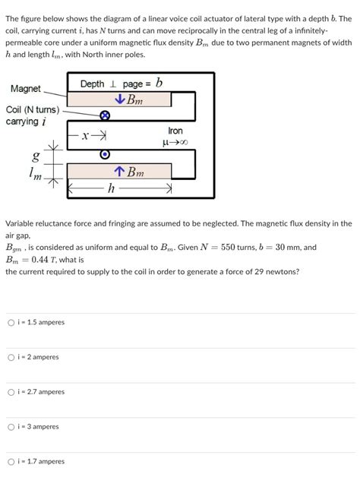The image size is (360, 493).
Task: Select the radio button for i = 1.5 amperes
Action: pos(11,322)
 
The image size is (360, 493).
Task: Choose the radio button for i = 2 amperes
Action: pos(11,357)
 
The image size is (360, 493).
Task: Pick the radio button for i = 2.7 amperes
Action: pos(11,392)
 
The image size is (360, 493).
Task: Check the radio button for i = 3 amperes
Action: pos(11,427)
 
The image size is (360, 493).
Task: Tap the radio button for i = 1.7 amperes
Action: pos(11,462)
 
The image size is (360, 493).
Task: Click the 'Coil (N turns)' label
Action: pos(33,111)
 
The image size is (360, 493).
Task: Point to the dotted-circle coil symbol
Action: pos(106,155)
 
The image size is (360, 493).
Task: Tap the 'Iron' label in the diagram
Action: pos(175,131)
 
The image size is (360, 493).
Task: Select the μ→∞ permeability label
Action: pos(175,142)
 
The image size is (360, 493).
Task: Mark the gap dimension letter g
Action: pos(35,157)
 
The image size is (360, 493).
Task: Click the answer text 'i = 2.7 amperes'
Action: pos(41,392)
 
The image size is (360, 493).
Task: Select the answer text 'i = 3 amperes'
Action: pos(38,427)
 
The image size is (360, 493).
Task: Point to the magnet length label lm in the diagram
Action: pos(35,175)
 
